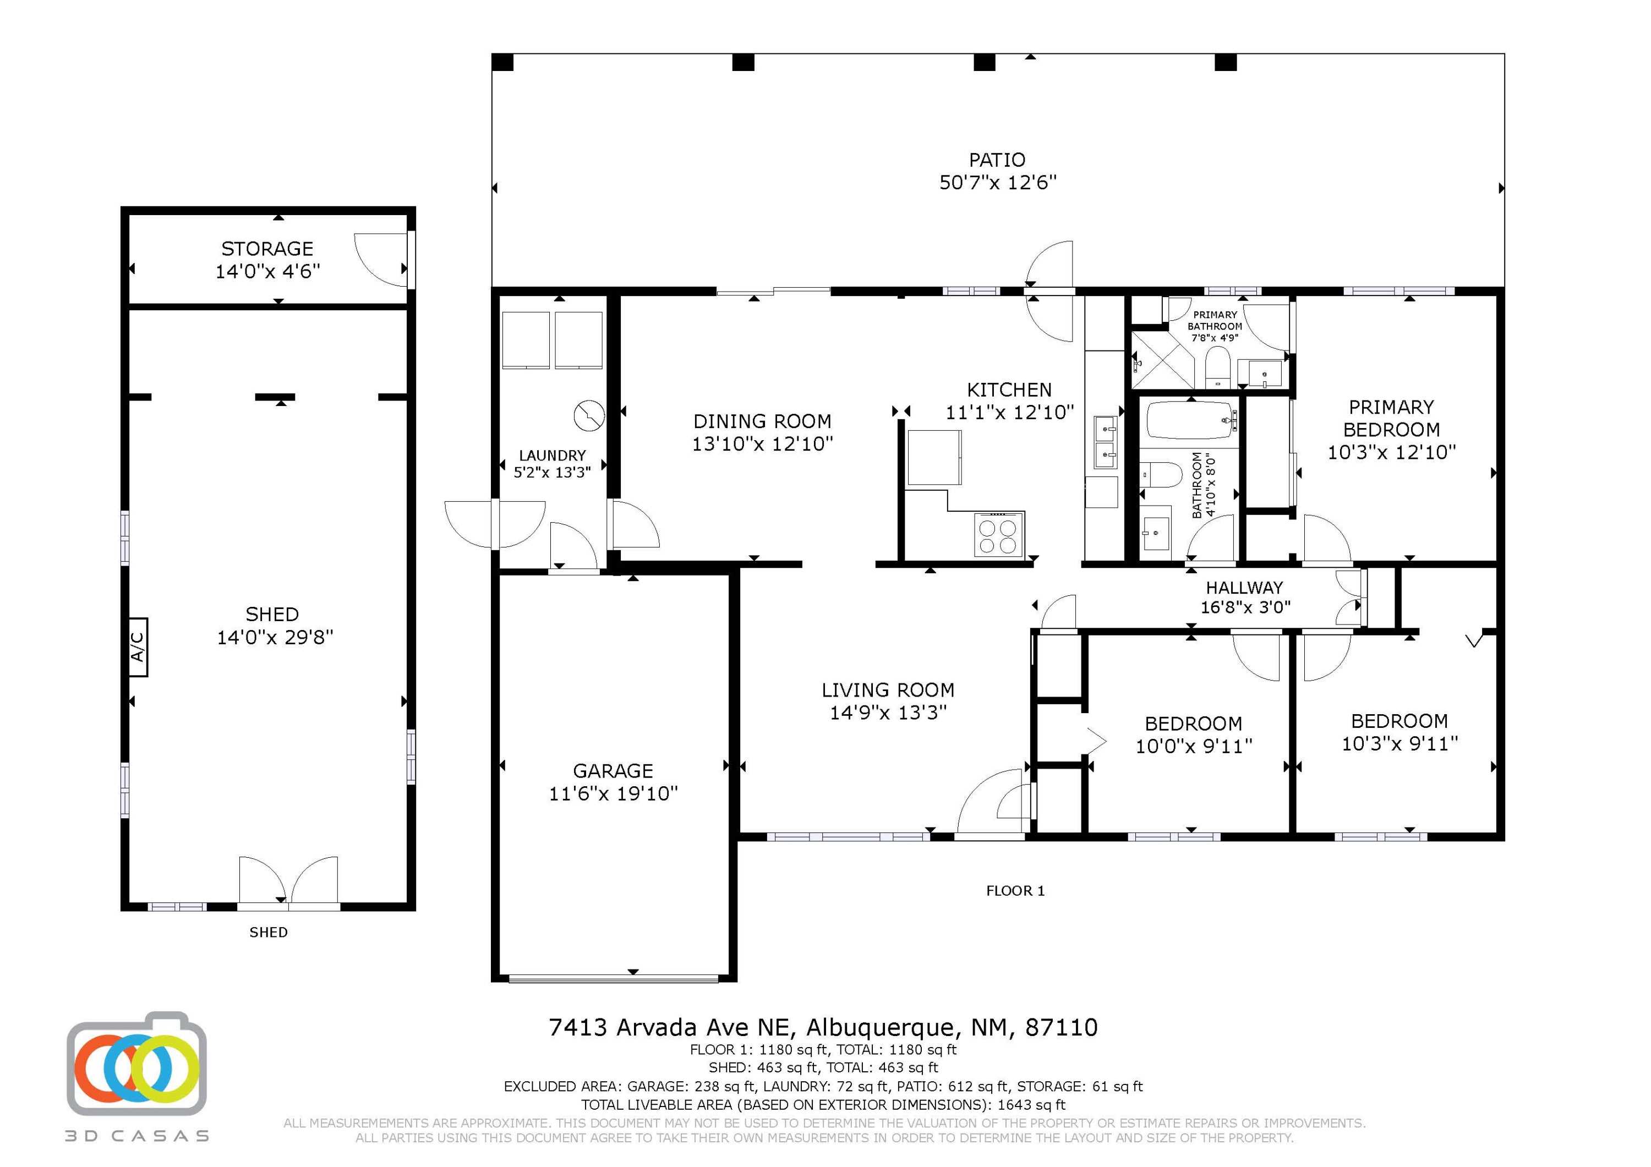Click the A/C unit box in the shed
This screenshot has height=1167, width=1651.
click(x=138, y=647)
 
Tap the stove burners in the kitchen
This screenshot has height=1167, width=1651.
click(x=999, y=536)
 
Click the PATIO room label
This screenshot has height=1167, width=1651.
click(x=997, y=160)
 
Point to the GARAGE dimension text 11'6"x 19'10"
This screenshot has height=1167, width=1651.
click(x=614, y=793)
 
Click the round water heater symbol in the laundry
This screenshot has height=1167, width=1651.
click(x=589, y=415)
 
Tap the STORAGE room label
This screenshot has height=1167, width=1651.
click(x=267, y=249)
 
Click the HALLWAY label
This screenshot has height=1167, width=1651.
click(x=1245, y=588)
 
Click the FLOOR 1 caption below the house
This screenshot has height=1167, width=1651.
click(x=1015, y=891)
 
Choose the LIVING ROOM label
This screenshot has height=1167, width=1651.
click(x=888, y=691)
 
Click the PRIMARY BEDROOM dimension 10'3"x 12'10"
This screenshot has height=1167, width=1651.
click(x=1391, y=452)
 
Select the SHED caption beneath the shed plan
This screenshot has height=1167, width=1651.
click(x=268, y=933)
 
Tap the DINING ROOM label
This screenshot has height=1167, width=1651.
click(x=762, y=421)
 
